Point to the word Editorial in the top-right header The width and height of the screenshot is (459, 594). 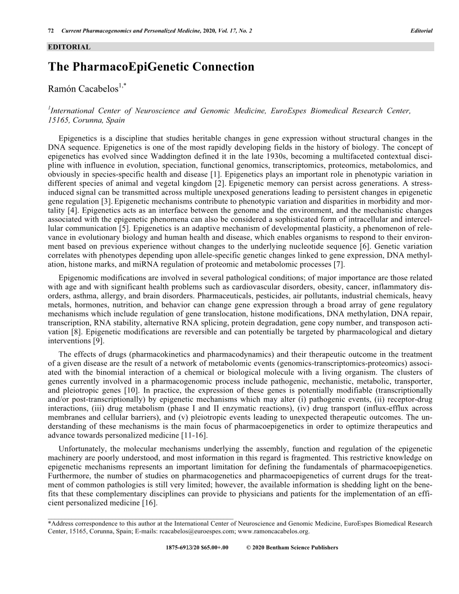pyautogui.click(x=422, y=30)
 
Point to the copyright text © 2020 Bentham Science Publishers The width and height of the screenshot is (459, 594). pyautogui.click(x=292, y=547)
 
